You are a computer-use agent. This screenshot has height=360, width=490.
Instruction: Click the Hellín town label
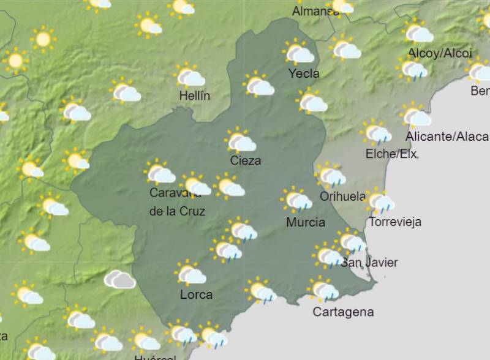click(x=195, y=96)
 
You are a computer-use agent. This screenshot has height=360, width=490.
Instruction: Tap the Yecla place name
click(x=304, y=74)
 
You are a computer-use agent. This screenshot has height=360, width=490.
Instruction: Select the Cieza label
click(x=246, y=161)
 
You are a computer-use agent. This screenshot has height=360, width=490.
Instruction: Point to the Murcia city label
click(x=306, y=222)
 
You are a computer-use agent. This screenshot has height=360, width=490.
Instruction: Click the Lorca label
click(x=197, y=295)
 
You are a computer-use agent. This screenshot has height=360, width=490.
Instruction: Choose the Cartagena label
click(x=343, y=312)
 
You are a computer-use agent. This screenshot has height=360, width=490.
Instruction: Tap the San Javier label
click(x=369, y=263)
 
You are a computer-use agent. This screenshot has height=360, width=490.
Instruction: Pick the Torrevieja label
click(x=395, y=222)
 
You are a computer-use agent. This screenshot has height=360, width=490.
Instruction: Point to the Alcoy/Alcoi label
click(x=440, y=53)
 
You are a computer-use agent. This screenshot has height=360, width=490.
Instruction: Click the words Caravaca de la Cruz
click(x=177, y=203)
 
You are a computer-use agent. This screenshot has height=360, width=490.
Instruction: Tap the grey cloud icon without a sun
click(x=119, y=280)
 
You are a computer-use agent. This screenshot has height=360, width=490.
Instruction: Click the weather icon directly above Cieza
click(x=240, y=141)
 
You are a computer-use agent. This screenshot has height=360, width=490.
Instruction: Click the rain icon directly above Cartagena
click(x=322, y=289)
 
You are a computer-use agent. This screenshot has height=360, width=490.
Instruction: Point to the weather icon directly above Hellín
click(x=189, y=76)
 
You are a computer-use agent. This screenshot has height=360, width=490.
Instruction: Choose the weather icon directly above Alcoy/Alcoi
click(x=418, y=31)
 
